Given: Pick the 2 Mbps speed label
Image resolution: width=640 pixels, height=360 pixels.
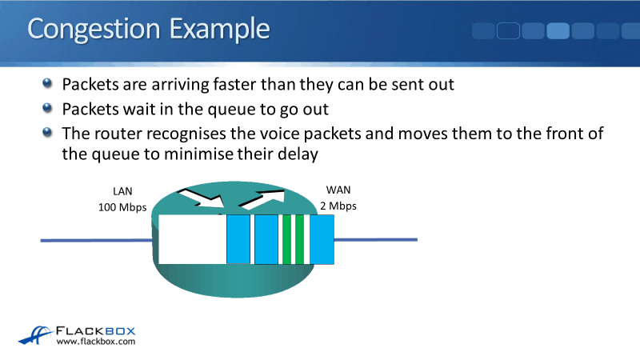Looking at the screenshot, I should point(338,205).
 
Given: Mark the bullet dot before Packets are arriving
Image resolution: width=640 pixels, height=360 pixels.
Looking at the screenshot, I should point(50,83).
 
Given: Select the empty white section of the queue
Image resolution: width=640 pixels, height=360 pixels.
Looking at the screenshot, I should point(192,239).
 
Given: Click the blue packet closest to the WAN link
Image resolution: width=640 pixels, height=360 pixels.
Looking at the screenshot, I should point(322,239).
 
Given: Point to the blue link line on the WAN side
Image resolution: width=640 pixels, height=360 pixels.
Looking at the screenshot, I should point(376,239).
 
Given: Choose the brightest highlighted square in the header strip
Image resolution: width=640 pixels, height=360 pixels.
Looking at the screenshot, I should point(558,31).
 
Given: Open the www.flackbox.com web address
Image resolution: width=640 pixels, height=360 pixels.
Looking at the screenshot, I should point(96,342).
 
